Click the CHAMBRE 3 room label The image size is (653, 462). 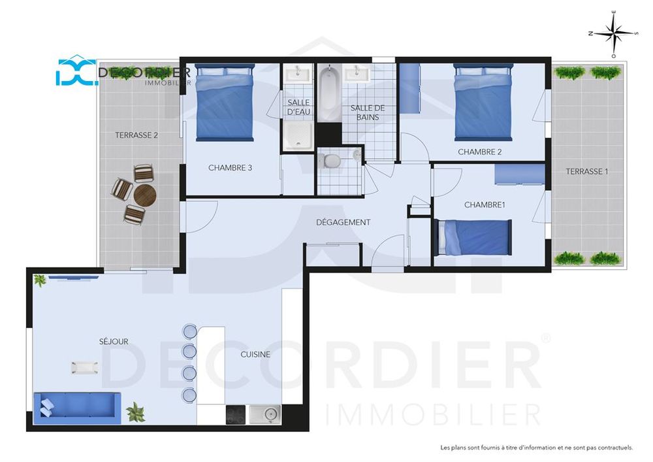230,168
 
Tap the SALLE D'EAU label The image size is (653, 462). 298,107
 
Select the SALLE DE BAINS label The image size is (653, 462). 367,112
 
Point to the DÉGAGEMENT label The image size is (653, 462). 343,222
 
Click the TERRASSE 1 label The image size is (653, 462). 587,171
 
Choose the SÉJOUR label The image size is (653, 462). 114,342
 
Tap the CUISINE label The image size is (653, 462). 255,355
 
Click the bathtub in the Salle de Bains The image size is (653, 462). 330,93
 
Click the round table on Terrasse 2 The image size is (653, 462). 145,195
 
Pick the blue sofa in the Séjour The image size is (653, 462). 77,407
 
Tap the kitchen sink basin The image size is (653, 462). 265,414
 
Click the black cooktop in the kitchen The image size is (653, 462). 236,414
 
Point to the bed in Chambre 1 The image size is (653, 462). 473,237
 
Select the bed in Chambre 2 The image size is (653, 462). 483,102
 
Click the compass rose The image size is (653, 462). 613,34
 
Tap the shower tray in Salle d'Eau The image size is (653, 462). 298,135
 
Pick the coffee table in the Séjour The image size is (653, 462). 85,368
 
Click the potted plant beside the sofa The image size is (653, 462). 136,412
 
